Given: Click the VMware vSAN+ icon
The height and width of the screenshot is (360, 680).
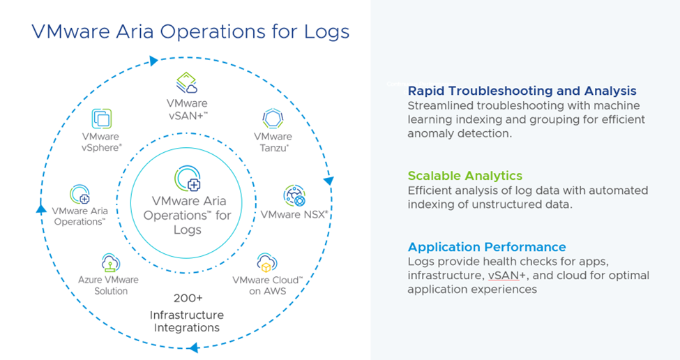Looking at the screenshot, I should [x=186, y=83].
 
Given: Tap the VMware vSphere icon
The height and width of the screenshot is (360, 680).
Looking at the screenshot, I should [x=101, y=119].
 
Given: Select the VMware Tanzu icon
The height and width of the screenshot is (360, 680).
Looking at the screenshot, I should [x=272, y=118].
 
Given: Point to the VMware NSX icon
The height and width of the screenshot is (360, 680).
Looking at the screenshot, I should [x=294, y=196].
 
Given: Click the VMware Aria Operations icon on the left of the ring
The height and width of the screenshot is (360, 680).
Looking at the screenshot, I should [x=80, y=195].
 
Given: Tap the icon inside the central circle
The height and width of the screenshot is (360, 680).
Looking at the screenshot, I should [x=187, y=179].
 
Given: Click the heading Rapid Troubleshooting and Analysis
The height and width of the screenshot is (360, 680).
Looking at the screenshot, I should [x=522, y=91].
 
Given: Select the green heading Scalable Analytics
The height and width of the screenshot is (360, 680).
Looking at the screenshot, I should [x=464, y=176].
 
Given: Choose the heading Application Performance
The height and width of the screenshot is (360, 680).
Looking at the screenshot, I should [x=487, y=247].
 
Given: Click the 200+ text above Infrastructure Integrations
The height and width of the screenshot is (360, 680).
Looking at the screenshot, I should [x=187, y=298].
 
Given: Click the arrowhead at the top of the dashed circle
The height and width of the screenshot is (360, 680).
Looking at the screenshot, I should [x=154, y=61].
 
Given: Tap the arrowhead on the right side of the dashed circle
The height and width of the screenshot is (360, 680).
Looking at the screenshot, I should [x=328, y=181].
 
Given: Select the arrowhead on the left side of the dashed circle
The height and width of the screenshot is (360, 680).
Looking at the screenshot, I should [x=41, y=208].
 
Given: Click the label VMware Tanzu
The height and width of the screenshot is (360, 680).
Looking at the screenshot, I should [x=273, y=142].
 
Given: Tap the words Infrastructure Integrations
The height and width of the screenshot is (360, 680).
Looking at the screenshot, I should [x=186, y=322].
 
